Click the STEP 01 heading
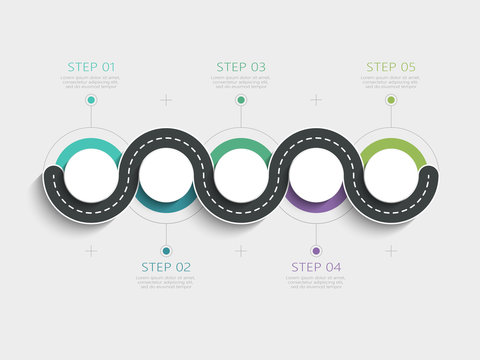(90, 67)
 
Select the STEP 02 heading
(166, 267)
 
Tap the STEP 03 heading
(241, 67)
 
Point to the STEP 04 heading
(316, 267)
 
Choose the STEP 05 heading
(391, 67)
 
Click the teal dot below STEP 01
(91, 100)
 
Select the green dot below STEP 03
(241, 100)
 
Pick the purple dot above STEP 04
(316, 251)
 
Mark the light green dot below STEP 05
(391, 100)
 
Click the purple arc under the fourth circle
(316, 208)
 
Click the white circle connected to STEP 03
(241, 176)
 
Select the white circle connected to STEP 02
(166, 176)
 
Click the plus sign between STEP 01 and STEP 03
(166, 100)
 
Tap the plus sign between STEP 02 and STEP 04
(241, 251)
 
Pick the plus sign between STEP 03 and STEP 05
(316, 100)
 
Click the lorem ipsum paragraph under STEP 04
(316, 283)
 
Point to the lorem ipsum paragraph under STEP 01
(91, 82)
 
